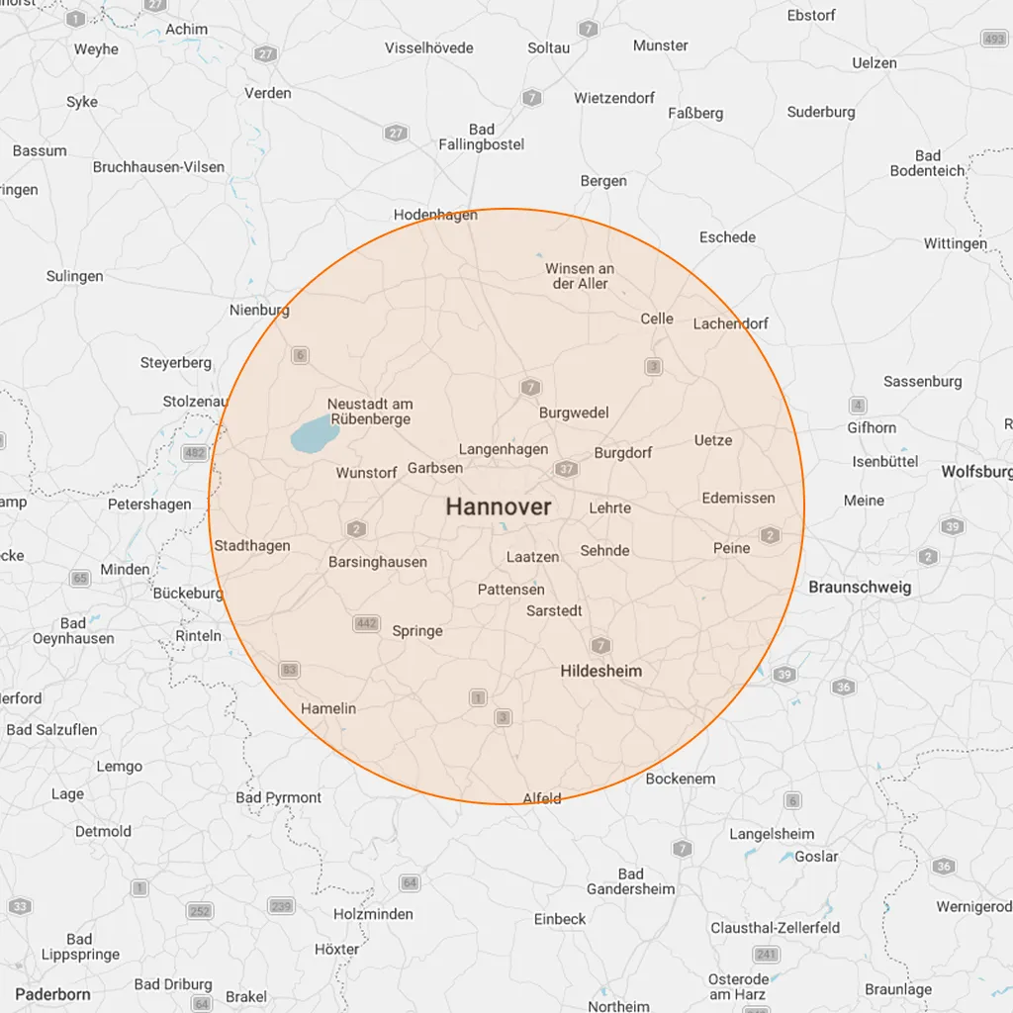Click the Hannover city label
[499, 506]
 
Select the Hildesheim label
[600, 671]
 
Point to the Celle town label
[657, 319]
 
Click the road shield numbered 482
[196, 453]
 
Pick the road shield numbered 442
[366, 623]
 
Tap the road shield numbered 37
[566, 469]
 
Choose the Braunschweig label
[860, 587]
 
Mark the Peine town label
[732, 548]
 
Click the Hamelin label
[328, 708]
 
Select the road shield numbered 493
[994, 39]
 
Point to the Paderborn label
[52, 994]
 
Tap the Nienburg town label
[259, 310]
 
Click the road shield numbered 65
[80, 578]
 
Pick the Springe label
[417, 631]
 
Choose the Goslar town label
[816, 857]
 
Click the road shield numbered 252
[200, 910]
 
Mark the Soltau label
[548, 47]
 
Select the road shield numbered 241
[766, 954]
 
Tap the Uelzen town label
[875, 63]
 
